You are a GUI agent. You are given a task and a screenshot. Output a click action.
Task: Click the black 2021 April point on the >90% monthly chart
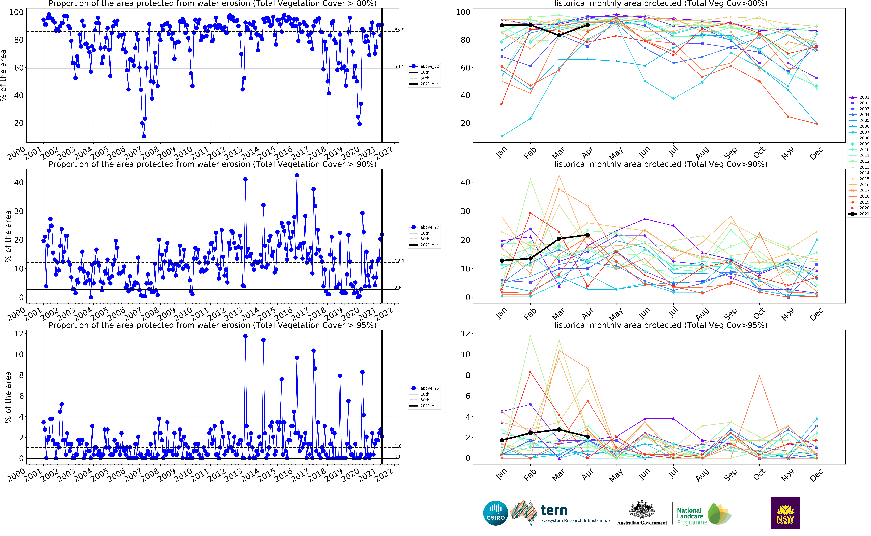click(x=588, y=235)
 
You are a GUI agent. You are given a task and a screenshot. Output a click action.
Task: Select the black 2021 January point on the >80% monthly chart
click(x=502, y=26)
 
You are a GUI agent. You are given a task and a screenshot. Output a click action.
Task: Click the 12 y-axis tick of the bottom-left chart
click(x=19, y=334)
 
